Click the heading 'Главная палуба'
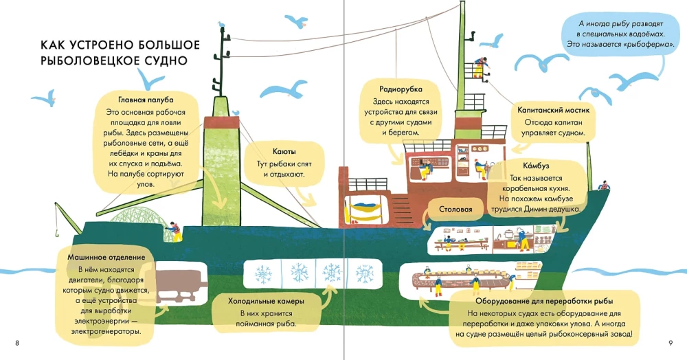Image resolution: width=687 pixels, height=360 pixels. coord(146,99)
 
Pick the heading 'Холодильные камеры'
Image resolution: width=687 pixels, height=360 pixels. coord(267,301)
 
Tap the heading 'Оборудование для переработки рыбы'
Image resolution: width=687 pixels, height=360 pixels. coord(544,300)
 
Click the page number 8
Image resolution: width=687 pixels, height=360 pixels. coord(16,342)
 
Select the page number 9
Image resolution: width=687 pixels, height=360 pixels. coord(670,342)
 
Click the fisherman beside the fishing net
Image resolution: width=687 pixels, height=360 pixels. coord(176,230)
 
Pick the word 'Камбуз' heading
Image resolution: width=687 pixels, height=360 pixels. coord(524,165)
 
